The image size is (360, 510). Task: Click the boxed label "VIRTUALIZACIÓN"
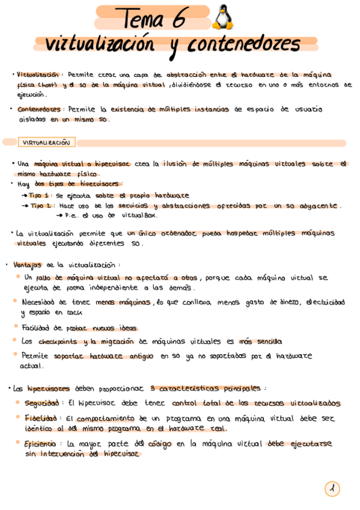(x=46, y=143)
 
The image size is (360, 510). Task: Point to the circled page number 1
(x=332, y=489)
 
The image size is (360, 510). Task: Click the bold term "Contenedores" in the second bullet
(x=39, y=109)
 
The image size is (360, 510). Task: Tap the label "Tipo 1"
(x=40, y=195)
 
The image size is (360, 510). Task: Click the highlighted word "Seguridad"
(x=41, y=403)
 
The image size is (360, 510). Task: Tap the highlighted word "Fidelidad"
(x=41, y=417)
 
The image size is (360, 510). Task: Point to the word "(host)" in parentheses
(x=49, y=85)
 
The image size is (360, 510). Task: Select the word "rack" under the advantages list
(x=75, y=313)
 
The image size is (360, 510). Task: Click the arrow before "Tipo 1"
(x=24, y=195)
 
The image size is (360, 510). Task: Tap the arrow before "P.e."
(x=59, y=215)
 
